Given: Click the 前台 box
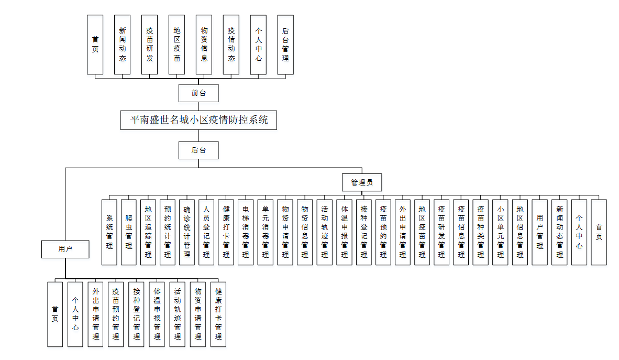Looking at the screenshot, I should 198,93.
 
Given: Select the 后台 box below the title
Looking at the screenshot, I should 198,150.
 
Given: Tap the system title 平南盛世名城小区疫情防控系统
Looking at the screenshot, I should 198,120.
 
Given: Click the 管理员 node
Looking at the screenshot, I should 362,182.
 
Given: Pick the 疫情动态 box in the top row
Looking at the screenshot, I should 231,45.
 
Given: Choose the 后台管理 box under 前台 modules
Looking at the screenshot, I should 285,45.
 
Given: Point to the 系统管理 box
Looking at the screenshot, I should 109,232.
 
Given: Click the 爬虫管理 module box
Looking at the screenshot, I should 129,232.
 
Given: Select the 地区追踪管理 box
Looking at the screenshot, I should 148,232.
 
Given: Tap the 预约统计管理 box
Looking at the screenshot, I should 168,232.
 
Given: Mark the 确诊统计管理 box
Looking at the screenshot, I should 187,232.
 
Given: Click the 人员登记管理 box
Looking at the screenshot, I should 206,232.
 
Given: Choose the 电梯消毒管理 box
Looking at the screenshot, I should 246,232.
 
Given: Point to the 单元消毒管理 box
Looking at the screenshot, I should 266,232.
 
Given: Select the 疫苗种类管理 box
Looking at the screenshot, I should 481,232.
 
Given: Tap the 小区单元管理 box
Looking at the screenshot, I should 501,232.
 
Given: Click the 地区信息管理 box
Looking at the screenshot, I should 520,232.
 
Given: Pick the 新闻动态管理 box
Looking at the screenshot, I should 559,232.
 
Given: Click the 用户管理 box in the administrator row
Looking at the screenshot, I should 540,232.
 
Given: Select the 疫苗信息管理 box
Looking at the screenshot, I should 461,232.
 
